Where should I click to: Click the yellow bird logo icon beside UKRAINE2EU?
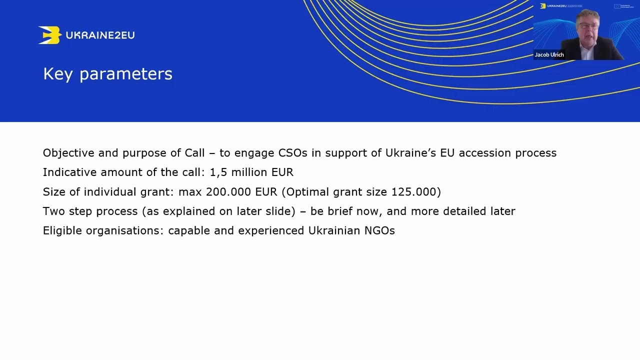pyautogui.click(x=49, y=35)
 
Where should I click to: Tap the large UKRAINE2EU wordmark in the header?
pyautogui.click(x=100, y=35)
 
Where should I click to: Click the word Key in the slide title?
pyautogui.click(x=58, y=74)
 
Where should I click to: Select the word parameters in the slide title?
pyautogui.click(x=126, y=74)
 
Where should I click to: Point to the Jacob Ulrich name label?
pyautogui.click(x=549, y=54)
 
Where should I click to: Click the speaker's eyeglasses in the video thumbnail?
pyautogui.click(x=588, y=26)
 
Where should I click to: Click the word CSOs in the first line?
pyautogui.click(x=293, y=153)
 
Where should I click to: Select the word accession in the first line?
pyautogui.click(x=485, y=153)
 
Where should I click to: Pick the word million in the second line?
pyautogui.click(x=249, y=172)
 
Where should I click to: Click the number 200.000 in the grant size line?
pyautogui.click(x=228, y=191)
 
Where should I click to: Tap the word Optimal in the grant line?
pyautogui.click(x=307, y=192)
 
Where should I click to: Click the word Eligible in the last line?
pyautogui.click(x=62, y=230)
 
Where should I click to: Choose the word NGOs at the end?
pyautogui.click(x=379, y=230)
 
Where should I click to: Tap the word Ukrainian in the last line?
pyautogui.click(x=334, y=230)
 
